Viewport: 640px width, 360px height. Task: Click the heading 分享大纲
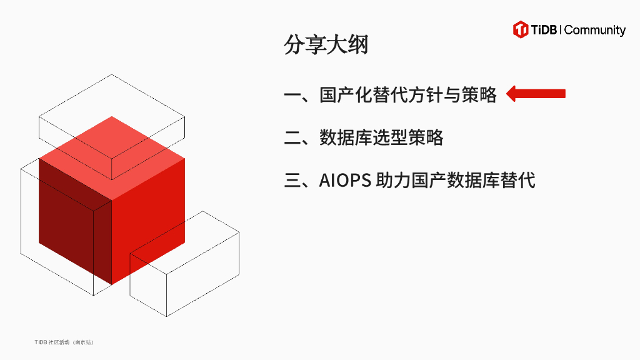(326, 45)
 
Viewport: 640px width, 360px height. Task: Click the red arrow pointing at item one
(536, 94)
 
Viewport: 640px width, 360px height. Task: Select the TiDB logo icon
(521, 29)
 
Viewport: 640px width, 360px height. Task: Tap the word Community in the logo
(595, 30)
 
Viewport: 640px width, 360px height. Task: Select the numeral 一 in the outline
(292, 95)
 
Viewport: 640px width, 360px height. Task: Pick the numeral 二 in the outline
(292, 137)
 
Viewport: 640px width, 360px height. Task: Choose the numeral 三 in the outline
(292, 181)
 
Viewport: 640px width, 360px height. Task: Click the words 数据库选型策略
(381, 137)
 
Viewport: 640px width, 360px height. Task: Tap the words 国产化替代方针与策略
(408, 94)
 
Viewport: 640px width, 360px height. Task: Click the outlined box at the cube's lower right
(187, 275)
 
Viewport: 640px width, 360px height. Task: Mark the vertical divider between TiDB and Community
(561, 29)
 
